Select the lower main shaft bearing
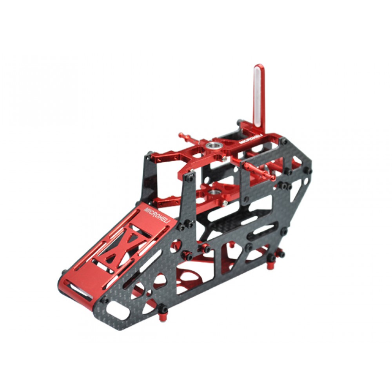point(214,192)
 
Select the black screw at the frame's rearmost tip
point(310,171)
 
